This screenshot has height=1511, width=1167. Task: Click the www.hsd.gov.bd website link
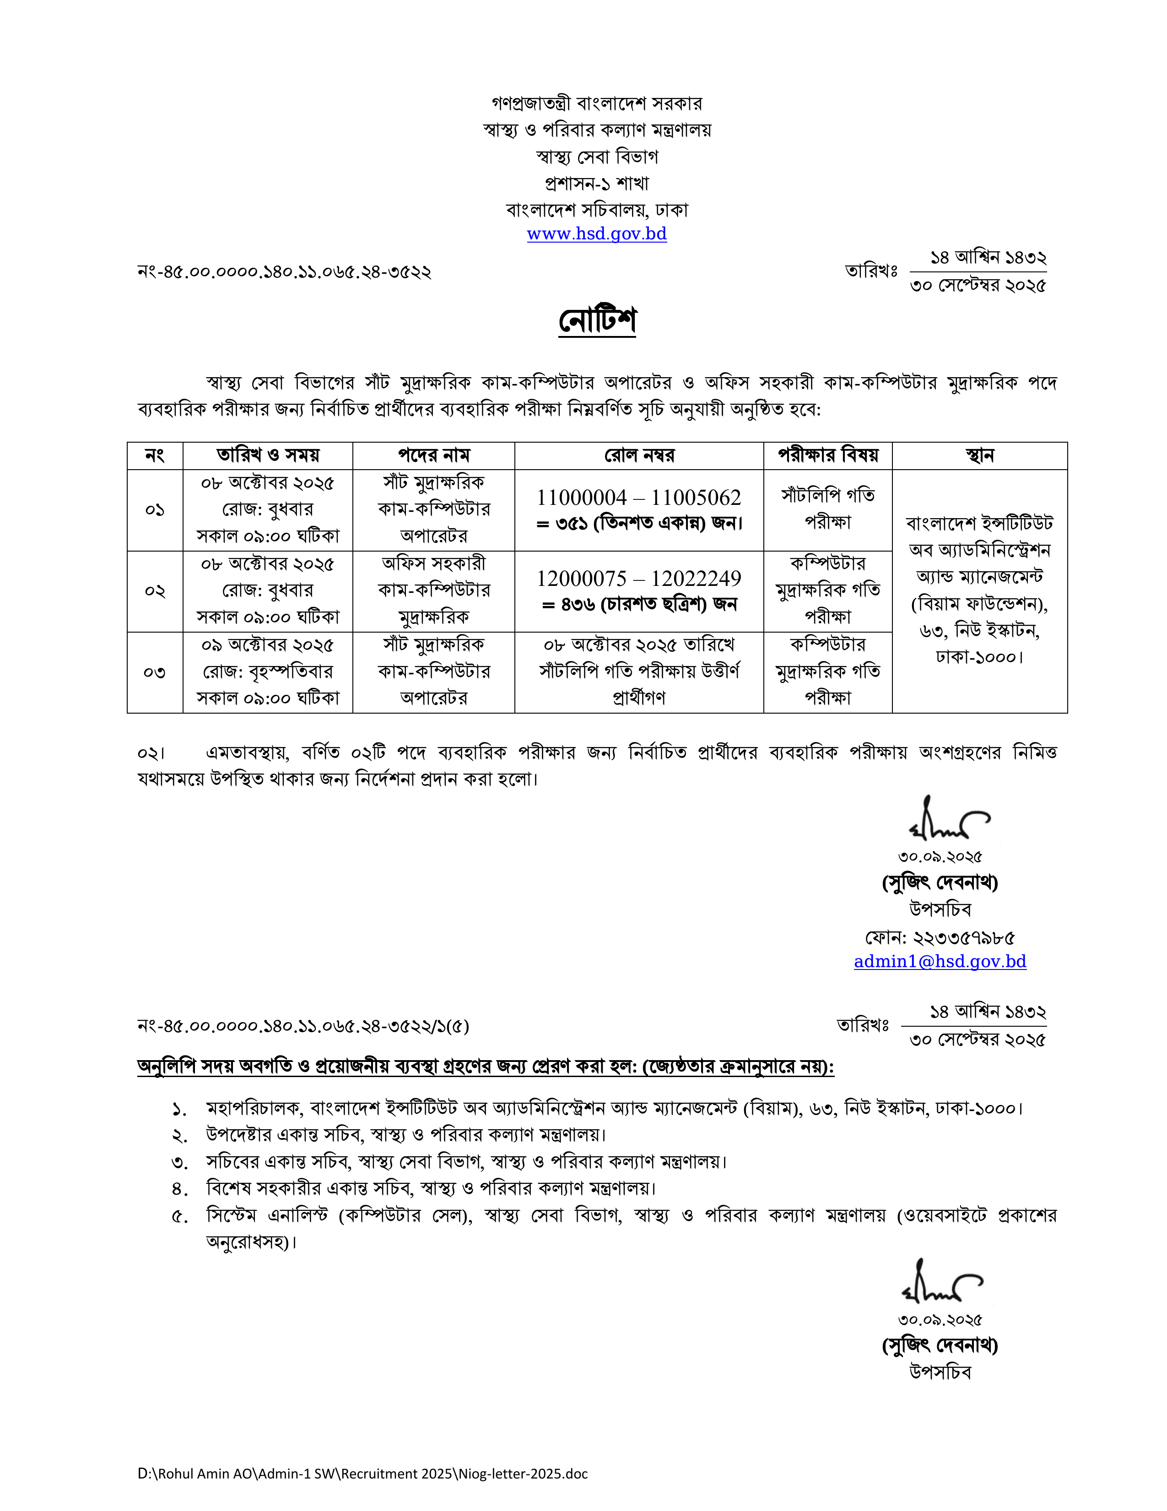(596, 234)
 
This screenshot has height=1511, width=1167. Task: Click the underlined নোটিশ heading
(597, 320)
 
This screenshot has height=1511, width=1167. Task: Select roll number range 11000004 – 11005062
(638, 498)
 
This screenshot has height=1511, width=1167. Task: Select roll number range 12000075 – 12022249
(638, 579)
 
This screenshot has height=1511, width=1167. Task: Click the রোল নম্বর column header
(638, 455)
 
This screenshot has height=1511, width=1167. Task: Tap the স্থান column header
(979, 455)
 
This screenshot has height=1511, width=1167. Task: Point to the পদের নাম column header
(434, 455)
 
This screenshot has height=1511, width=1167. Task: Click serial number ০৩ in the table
(154, 672)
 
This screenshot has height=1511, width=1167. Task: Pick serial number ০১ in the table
(154, 510)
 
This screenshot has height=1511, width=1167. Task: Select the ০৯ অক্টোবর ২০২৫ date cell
(267, 645)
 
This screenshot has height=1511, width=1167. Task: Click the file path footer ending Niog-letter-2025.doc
(362, 1473)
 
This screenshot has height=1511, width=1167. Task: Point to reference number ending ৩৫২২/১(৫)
(303, 1026)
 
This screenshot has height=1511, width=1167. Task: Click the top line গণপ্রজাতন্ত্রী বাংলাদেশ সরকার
(596, 104)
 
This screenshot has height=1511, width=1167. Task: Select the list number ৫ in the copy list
(179, 1216)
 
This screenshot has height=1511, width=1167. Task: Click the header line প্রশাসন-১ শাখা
(596, 184)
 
